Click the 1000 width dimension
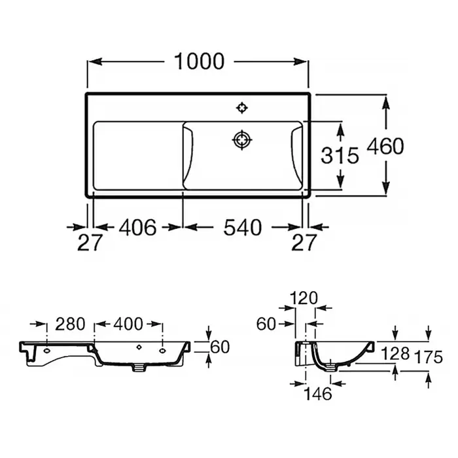point(199,62)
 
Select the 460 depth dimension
point(385,146)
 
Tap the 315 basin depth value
point(340,155)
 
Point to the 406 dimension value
point(137,227)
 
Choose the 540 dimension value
point(243,227)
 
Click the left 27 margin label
point(90,242)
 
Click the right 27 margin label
point(304,242)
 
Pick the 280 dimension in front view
point(70,324)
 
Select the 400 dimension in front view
point(128,324)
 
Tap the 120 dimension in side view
point(304,298)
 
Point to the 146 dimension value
point(318,394)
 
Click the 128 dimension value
point(395,354)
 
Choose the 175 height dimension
point(429,357)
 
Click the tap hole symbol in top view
point(242,108)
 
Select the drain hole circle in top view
point(242,140)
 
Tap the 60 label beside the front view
point(220,347)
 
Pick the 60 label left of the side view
point(266,324)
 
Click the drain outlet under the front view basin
point(139,368)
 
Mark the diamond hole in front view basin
point(139,347)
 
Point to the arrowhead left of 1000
point(96,62)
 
